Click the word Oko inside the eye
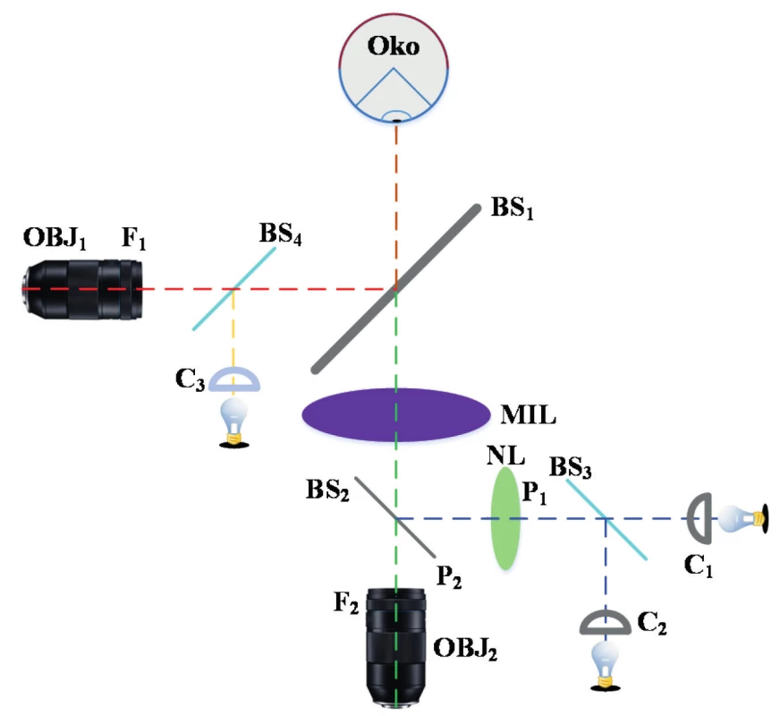point(393,46)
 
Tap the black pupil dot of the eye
point(396,121)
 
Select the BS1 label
point(512,208)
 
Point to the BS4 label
point(280,233)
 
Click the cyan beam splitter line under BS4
point(233,288)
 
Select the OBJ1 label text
point(55,237)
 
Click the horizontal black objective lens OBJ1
point(82,289)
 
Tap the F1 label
point(134,237)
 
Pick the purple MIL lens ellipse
point(396,414)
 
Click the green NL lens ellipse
point(505,518)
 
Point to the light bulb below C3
point(234,422)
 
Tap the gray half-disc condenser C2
point(606,622)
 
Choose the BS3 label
point(570,468)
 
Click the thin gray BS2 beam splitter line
point(395,517)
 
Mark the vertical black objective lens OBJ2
point(396,647)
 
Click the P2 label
point(449,576)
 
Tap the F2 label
point(346,602)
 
